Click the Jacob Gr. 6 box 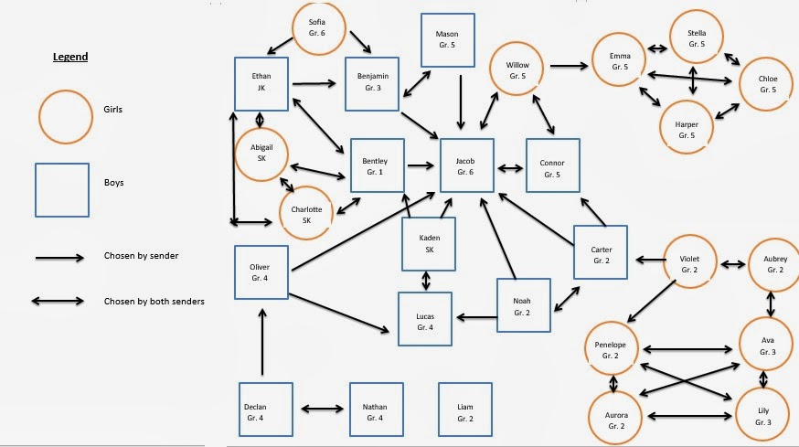[467, 165]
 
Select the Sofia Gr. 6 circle [316, 27]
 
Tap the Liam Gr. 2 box [464, 409]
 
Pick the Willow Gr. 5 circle [517, 70]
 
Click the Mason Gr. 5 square [447, 40]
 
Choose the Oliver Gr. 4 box [261, 272]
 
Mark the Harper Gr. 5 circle [687, 128]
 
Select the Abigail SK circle [261, 153]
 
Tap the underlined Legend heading [69, 57]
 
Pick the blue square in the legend [62, 189]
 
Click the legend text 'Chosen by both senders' [154, 301]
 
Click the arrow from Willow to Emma [569, 65]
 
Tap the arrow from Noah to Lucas [475, 317]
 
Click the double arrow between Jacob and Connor [510, 168]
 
